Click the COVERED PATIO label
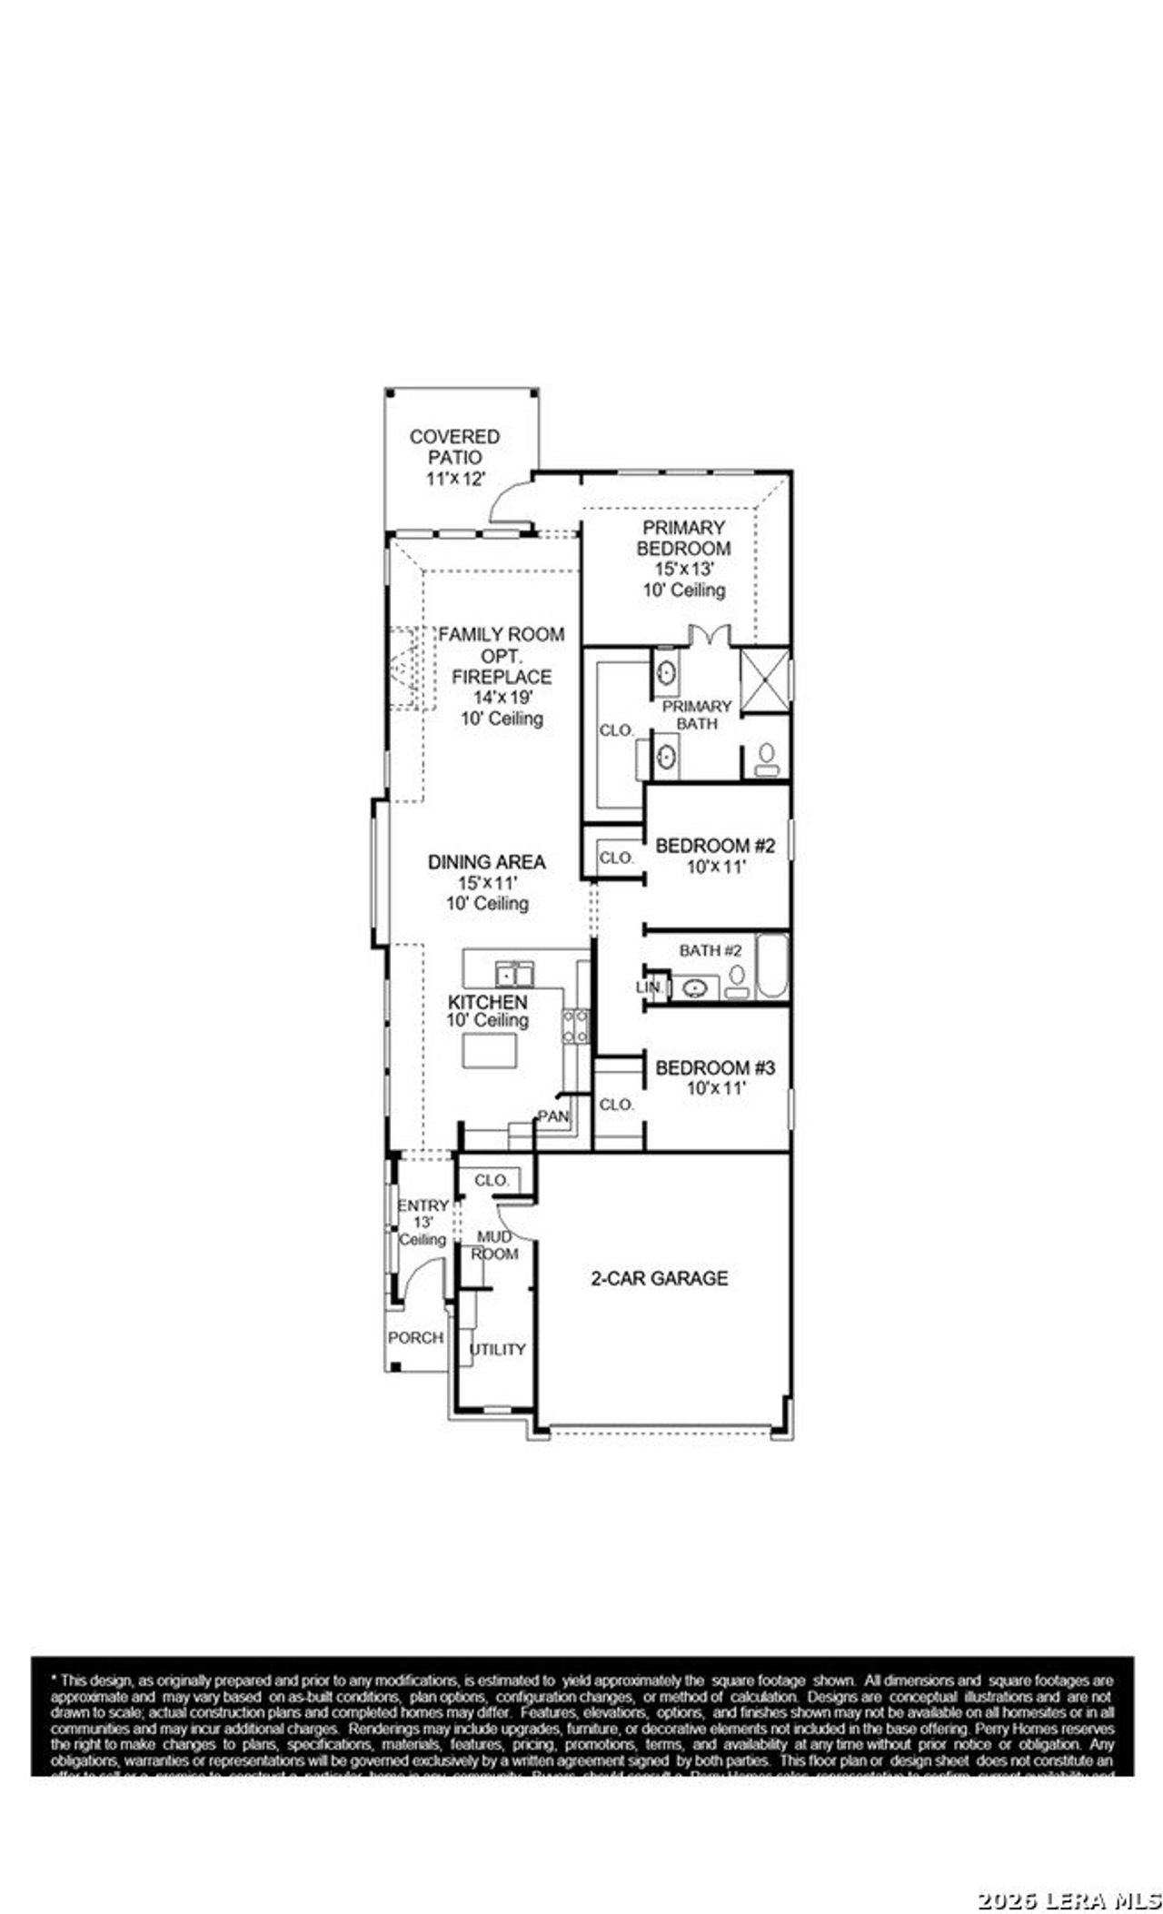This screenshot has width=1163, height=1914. (454, 447)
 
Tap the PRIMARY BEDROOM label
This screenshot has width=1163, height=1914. (683, 538)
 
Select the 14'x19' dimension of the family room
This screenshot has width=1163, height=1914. (501, 698)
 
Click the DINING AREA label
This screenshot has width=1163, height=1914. (487, 861)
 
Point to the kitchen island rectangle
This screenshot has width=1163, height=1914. (490, 1050)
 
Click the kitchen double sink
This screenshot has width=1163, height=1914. (514, 974)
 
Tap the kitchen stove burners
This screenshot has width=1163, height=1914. (574, 1026)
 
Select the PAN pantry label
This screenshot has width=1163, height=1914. (552, 1116)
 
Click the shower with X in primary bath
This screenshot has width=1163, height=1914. (763, 680)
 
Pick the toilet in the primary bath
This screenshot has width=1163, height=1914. (767, 759)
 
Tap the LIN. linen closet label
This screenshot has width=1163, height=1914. (649, 987)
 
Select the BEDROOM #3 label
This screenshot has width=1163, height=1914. (715, 1067)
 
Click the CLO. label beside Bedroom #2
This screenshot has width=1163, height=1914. (616, 857)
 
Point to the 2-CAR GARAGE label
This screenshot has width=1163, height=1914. (659, 1278)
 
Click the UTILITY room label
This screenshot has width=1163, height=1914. (497, 1349)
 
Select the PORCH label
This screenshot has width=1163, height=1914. (415, 1337)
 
